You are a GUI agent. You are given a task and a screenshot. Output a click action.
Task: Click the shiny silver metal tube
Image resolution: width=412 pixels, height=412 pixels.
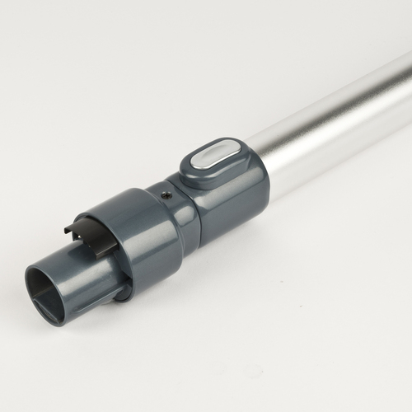(x=330, y=124)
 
